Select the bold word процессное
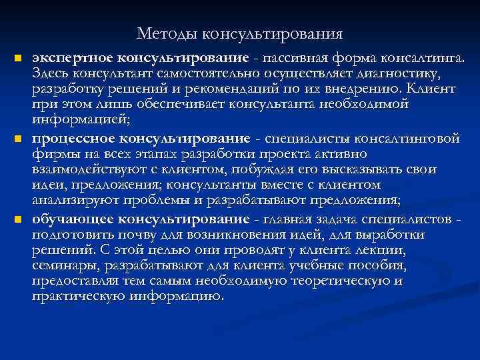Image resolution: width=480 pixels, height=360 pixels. coord(73,137)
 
